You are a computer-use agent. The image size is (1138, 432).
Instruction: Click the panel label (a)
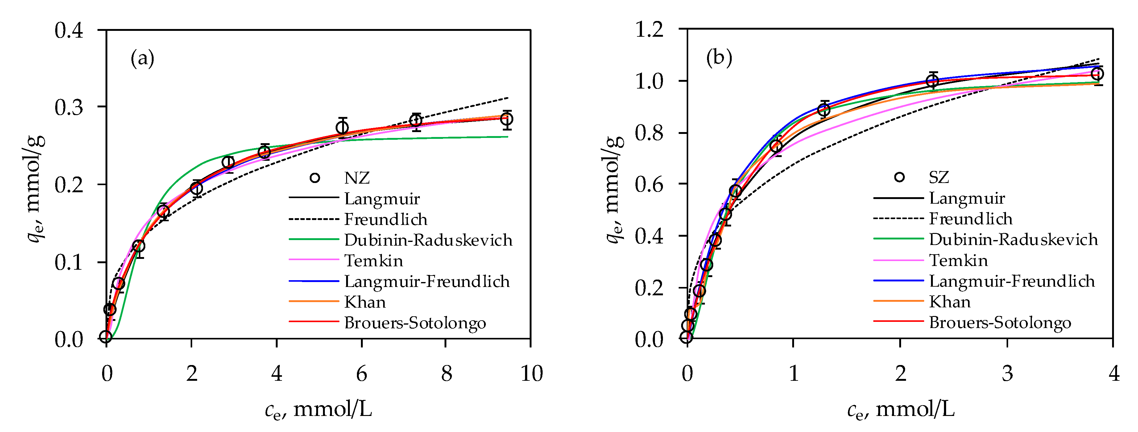coord(142,58)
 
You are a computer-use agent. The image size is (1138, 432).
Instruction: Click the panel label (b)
coord(719,57)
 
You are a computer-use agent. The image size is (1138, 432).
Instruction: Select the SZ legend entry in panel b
coord(938,177)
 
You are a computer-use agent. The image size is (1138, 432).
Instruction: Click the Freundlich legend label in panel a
coord(386,219)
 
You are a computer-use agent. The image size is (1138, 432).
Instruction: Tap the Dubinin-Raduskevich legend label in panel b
coord(1013,239)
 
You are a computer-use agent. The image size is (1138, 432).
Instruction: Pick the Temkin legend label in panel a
coord(373,261)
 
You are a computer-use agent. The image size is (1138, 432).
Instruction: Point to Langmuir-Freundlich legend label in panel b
coord(1012,281)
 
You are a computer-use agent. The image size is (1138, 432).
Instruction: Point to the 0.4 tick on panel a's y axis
coord(69,31)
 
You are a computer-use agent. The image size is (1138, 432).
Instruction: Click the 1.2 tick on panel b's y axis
coord(649,30)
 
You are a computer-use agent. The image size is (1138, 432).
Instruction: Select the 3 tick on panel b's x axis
coord(1007,374)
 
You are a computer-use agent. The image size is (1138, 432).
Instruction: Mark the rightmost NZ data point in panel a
coord(507,119)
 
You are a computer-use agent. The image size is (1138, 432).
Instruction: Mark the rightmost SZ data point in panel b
coord(1097,74)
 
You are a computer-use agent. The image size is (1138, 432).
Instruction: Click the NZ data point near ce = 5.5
coord(342,128)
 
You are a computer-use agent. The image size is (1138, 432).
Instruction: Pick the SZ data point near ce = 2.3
coord(932,81)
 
